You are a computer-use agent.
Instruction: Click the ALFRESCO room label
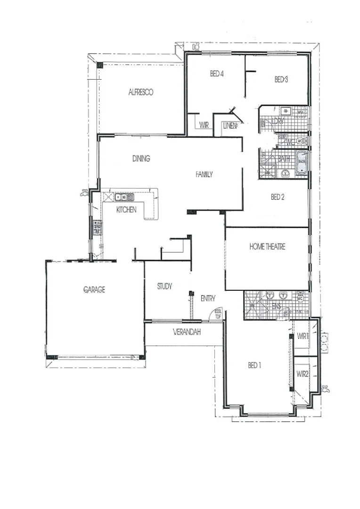140,92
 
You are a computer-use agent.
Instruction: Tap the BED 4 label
216,74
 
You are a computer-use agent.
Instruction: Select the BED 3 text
281,80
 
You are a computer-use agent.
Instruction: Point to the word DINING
141,159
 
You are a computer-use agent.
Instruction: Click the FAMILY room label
204,174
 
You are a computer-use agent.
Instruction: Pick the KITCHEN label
126,210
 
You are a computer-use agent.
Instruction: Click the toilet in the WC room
300,141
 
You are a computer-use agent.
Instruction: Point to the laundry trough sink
286,111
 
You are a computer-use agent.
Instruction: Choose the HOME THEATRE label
267,246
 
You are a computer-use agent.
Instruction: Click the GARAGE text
94,289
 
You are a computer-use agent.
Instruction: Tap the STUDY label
164,286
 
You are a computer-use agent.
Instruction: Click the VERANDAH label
187,332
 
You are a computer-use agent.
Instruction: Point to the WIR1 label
303,337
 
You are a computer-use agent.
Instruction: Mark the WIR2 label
302,374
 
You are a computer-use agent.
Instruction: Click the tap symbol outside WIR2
325,389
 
